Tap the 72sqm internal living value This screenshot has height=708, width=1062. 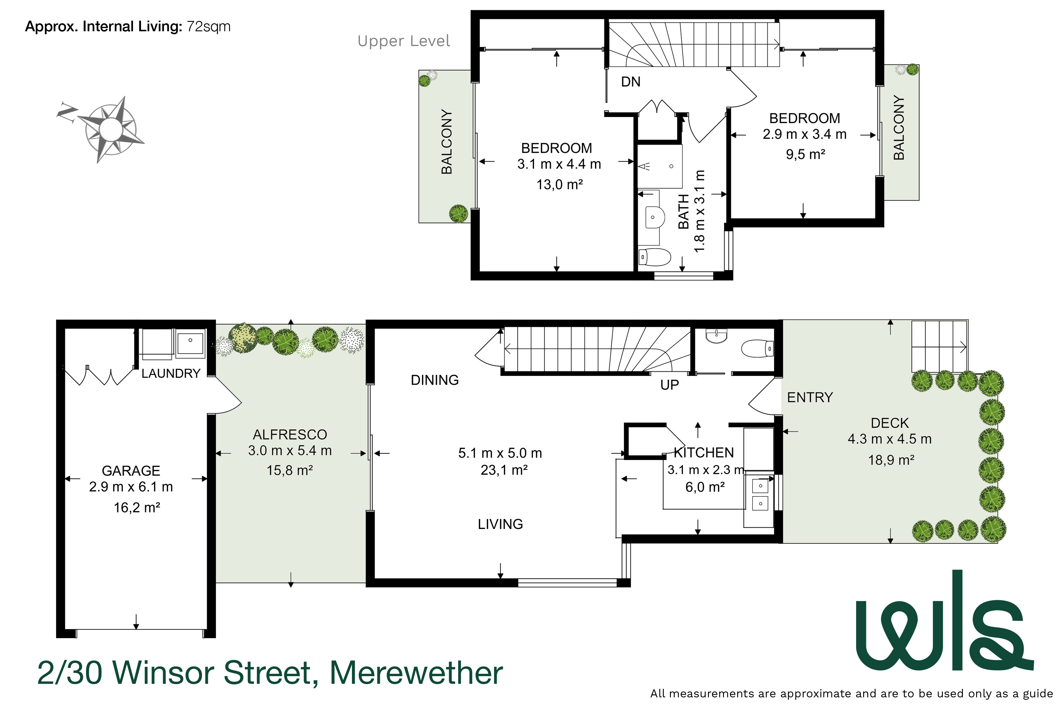(x=208, y=27)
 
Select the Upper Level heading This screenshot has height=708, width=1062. (x=403, y=41)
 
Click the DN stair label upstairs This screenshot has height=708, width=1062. (x=630, y=82)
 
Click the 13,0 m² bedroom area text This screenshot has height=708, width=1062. (x=559, y=185)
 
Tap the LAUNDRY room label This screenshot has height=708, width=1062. (x=171, y=373)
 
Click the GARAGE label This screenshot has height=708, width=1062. (x=131, y=471)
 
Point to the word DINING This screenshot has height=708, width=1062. (x=434, y=380)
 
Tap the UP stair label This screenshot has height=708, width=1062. (x=669, y=385)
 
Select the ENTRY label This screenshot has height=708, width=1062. (x=809, y=397)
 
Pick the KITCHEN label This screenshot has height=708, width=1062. (x=704, y=453)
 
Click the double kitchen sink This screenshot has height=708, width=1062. (x=760, y=494)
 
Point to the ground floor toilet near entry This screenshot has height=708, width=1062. (x=757, y=349)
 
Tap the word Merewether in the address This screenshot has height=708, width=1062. (x=416, y=673)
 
